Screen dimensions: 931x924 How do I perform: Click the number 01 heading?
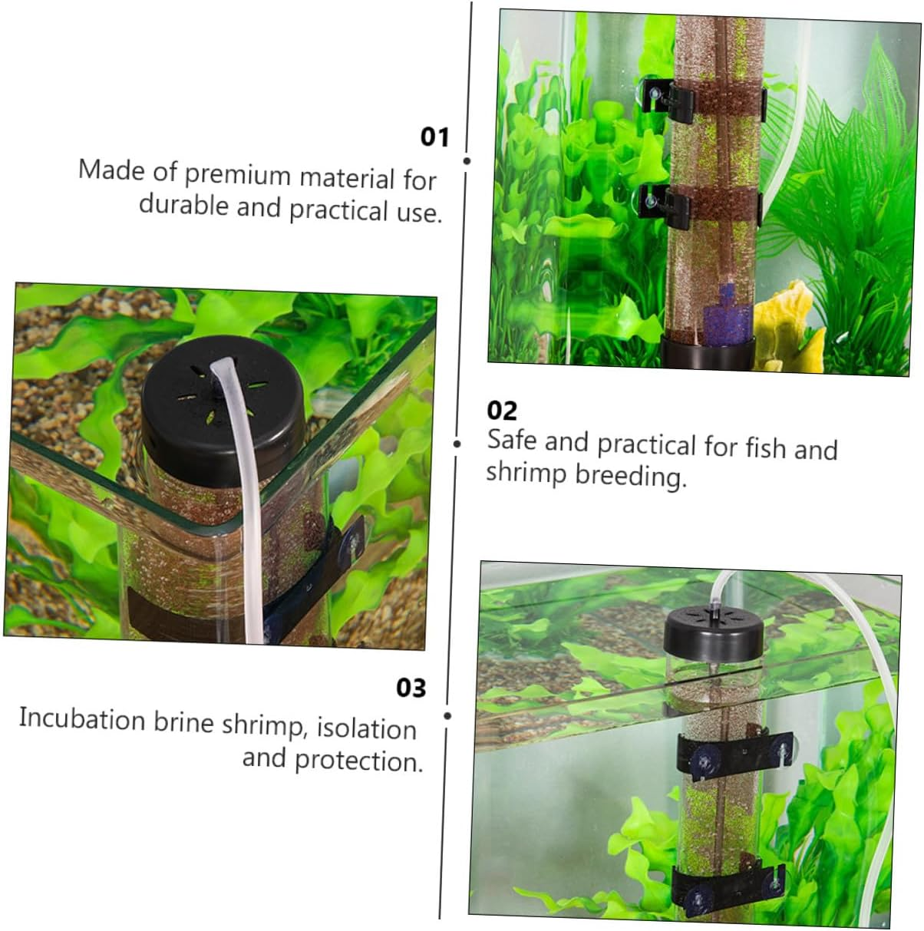[434, 137]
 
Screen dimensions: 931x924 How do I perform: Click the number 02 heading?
[502, 411]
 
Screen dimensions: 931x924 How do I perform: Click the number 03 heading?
[411, 688]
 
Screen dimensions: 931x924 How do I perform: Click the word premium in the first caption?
[237, 175]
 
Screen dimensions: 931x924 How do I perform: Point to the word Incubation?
[82, 719]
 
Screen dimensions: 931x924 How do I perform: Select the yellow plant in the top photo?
[787, 326]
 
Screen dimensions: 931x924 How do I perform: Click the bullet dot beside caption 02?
[457, 444]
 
